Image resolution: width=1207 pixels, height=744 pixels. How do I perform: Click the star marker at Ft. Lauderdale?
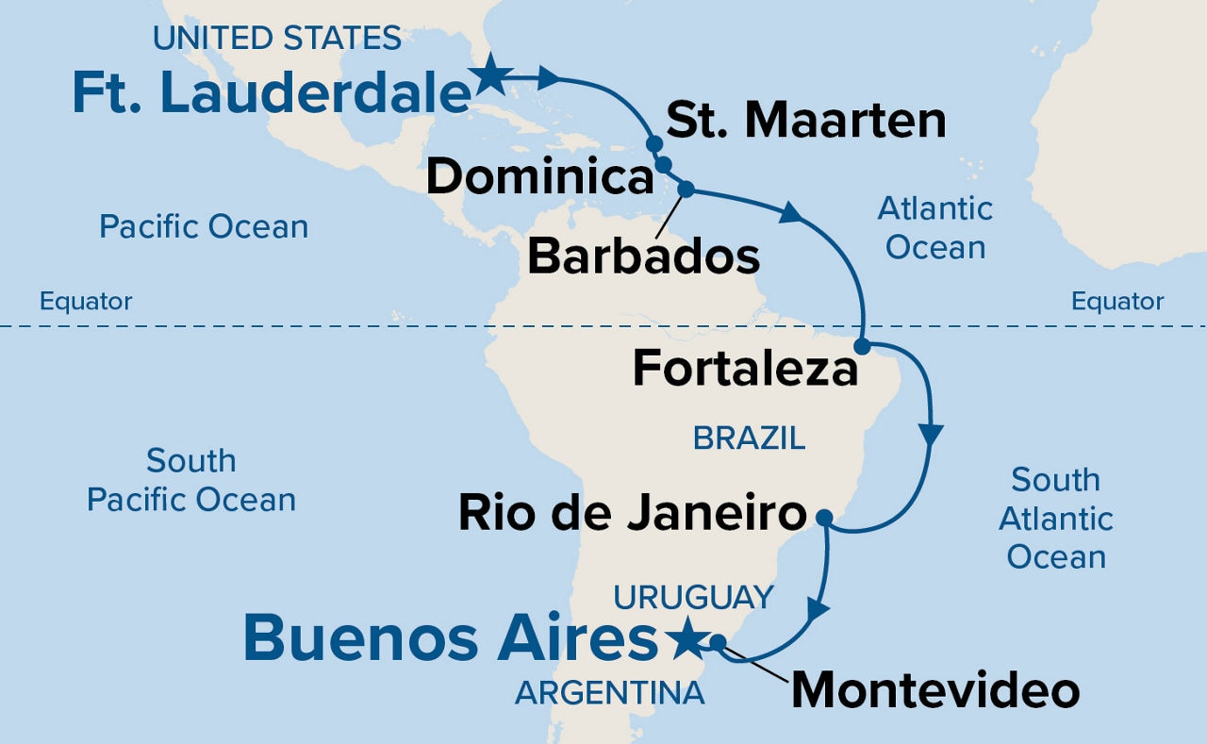click(x=489, y=75)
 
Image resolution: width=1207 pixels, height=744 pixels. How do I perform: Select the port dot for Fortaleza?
click(x=862, y=345)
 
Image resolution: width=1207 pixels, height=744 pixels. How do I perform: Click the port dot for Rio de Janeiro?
click(x=823, y=517)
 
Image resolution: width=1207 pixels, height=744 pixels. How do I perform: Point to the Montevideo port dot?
click(x=718, y=642)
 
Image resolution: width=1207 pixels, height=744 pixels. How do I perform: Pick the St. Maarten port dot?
click(x=653, y=144)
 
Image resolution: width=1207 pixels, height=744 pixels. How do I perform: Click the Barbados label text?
click(x=643, y=256)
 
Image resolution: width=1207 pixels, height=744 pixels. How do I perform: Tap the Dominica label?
click(x=539, y=177)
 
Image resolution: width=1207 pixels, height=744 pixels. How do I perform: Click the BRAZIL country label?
click(x=749, y=438)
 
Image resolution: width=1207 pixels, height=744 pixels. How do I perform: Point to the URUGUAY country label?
click(x=693, y=597)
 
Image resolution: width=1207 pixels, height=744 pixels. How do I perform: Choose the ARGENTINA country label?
click(x=609, y=693)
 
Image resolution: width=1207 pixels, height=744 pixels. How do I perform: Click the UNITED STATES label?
click(x=277, y=39)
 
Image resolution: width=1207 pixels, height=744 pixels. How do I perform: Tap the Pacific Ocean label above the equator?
click(x=204, y=227)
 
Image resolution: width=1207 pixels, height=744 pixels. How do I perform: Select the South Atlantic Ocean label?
click(x=1056, y=518)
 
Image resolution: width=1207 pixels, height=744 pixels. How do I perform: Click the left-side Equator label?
click(x=86, y=302)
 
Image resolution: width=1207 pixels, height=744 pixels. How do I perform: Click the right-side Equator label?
click(x=1117, y=302)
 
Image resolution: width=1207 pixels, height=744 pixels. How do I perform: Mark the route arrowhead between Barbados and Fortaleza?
click(x=790, y=213)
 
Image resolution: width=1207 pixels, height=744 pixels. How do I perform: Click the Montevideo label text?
click(x=934, y=691)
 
